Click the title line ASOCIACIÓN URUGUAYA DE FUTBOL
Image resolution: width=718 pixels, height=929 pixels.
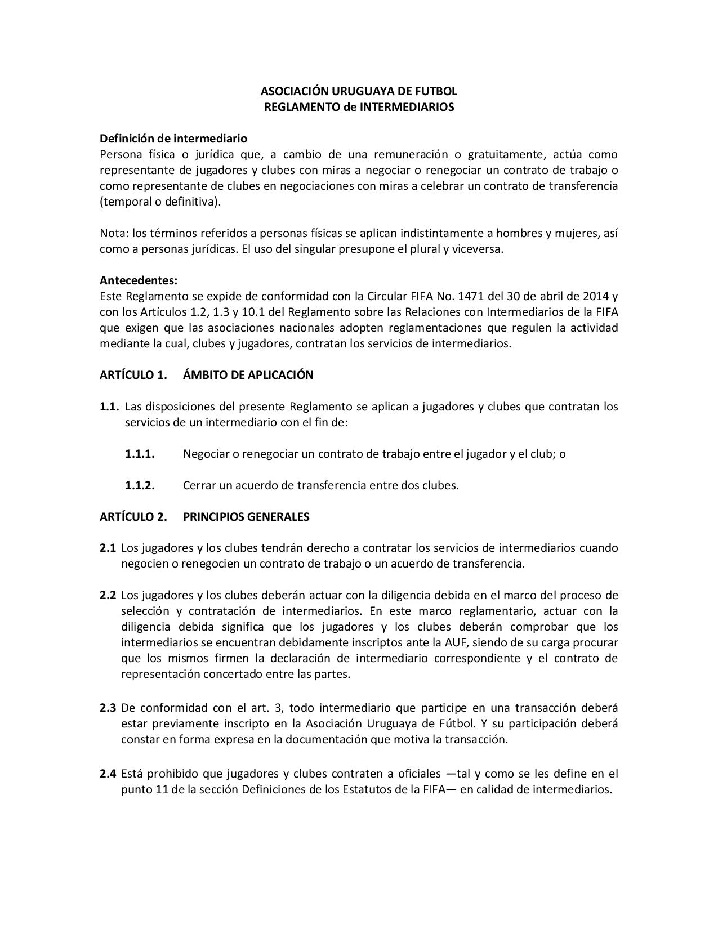(359, 91)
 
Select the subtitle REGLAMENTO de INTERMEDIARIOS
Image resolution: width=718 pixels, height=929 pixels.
(359, 107)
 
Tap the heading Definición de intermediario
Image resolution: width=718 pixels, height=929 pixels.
(173, 139)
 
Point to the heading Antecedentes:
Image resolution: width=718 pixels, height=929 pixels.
(139, 280)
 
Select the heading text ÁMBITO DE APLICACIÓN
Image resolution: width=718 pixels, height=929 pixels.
(248, 375)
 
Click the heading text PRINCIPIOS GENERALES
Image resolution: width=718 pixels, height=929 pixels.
(246, 517)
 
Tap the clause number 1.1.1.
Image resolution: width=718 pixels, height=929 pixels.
(140, 454)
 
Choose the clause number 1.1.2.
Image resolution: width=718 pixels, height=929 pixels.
(140, 485)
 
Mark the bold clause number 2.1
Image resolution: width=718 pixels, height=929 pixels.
(108, 548)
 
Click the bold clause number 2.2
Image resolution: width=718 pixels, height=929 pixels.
(108, 595)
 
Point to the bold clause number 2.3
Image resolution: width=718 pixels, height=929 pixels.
(108, 708)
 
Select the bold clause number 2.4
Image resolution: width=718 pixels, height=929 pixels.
(108, 774)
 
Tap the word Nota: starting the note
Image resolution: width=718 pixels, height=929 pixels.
(114, 233)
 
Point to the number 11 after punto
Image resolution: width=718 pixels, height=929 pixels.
(162, 789)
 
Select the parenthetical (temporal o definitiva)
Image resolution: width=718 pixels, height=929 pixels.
(160, 202)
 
